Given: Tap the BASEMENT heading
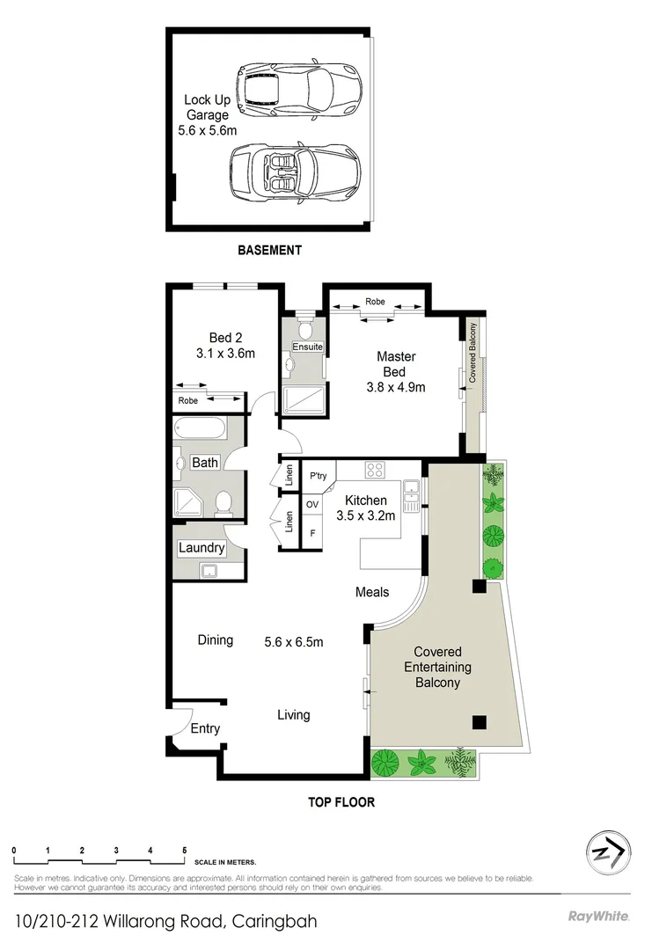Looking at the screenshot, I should pos(269,250).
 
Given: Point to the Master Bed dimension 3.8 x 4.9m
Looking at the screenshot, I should pos(396,386).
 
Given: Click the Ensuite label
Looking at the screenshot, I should pos(308,347).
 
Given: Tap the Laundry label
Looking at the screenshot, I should pos(201,548).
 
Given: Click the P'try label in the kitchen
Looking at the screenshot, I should pos(318,475).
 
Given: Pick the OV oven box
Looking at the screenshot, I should pos(311,505).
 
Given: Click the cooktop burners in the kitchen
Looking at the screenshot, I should pos(375,470).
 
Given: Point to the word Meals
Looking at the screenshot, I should pos(372,592).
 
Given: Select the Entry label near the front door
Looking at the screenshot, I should pos(205,728).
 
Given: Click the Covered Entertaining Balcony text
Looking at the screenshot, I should pos(432,668).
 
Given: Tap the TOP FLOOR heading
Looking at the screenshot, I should pos(341,802).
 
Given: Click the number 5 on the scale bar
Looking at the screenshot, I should pos(184,851).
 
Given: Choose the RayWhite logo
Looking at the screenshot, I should pos(599,917).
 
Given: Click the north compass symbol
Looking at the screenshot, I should pos(607,851).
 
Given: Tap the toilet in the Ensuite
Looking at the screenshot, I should pos(304,330).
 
